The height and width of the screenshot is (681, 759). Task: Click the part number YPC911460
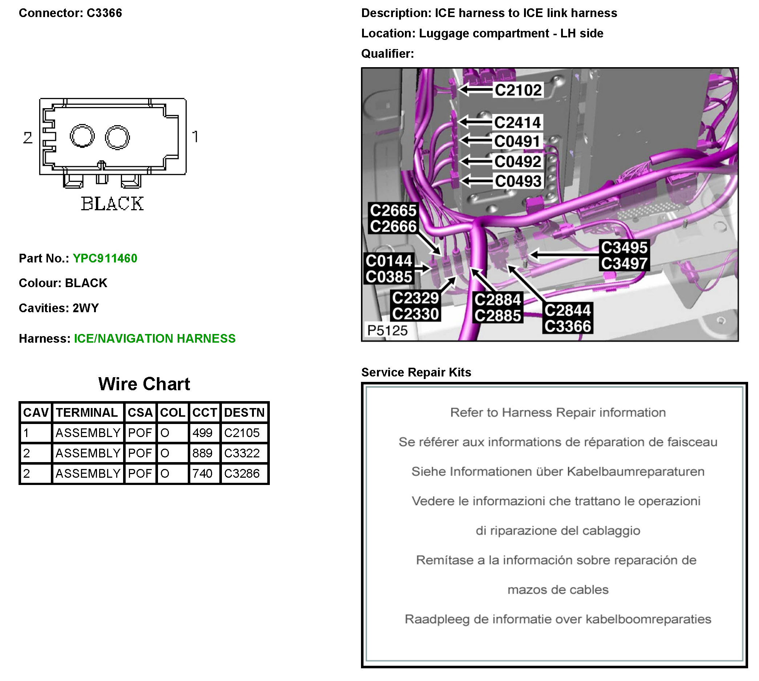(x=105, y=258)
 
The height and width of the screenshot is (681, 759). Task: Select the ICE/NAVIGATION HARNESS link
(x=155, y=338)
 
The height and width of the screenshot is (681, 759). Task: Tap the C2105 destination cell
(x=242, y=433)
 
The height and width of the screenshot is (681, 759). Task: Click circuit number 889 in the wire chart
(x=202, y=453)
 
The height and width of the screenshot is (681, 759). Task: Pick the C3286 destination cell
(x=242, y=473)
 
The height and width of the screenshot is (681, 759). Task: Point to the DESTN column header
(x=244, y=412)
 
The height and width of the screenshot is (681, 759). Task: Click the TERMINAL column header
(x=87, y=412)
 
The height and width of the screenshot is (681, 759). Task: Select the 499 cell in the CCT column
(x=202, y=433)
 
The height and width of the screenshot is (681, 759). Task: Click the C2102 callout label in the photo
(x=518, y=90)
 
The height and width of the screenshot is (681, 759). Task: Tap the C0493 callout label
(x=518, y=181)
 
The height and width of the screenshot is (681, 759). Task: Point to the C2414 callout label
(x=517, y=122)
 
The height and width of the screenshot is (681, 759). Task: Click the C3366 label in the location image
(x=567, y=326)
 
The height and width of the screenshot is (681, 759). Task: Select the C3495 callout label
(x=624, y=247)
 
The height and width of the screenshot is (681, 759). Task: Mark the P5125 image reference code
(x=387, y=330)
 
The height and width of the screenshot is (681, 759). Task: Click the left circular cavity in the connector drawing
(x=82, y=136)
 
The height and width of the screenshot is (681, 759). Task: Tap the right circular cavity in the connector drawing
(x=117, y=137)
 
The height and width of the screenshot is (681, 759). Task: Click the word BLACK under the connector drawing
(x=112, y=204)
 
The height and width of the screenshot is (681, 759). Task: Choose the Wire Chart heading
(x=144, y=384)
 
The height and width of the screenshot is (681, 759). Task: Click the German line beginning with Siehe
(x=558, y=472)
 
